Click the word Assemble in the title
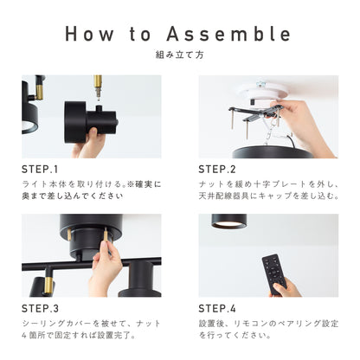click(x=228, y=34)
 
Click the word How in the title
click(x=89, y=34)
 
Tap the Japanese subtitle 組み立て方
click(x=180, y=55)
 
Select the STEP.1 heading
click(x=40, y=170)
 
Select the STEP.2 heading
click(x=217, y=170)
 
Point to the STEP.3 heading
click(x=40, y=309)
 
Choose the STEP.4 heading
click(x=217, y=309)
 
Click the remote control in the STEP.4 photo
click(x=274, y=273)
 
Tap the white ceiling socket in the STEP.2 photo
click(x=262, y=91)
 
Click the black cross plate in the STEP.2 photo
click(x=254, y=114)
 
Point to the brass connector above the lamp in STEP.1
click(x=98, y=86)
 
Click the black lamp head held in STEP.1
click(x=91, y=122)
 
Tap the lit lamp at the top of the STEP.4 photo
click(x=229, y=222)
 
